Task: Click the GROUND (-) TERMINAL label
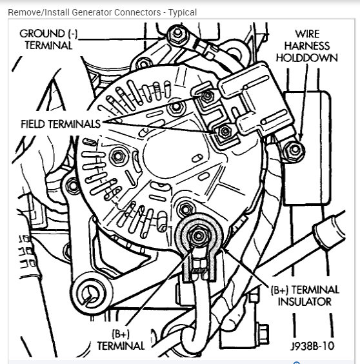[48, 39]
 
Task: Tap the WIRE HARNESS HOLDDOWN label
[307, 46]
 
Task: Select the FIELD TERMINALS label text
[61, 124]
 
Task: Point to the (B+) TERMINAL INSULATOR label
[305, 296]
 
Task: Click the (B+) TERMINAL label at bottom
[121, 340]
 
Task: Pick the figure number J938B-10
[312, 346]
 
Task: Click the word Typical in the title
[183, 12]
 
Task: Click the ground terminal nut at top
[177, 34]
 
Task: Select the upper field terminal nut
[207, 96]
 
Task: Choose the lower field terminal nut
[225, 132]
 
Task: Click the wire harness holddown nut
[294, 150]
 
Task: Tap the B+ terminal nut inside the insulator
[199, 236]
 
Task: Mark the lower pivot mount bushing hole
[91, 294]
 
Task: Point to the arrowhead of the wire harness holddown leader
[301, 137]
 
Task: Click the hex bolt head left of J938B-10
[263, 334]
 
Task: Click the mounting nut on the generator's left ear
[73, 186]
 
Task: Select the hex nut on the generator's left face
[118, 157]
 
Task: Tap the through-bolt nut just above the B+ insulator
[185, 209]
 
